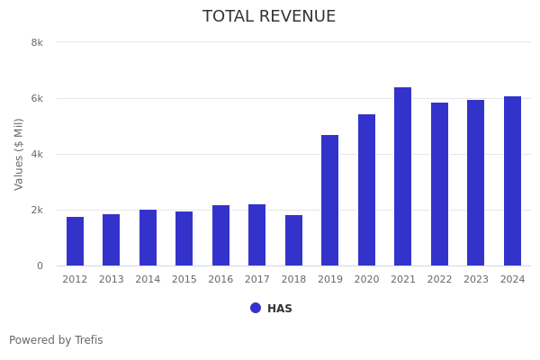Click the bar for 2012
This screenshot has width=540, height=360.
[x=75, y=241]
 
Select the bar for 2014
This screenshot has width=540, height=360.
[x=148, y=238]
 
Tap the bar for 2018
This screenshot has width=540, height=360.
[x=293, y=240]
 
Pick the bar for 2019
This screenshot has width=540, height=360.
[x=330, y=200]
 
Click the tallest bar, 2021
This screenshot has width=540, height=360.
[x=403, y=176]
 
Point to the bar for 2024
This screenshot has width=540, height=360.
[x=512, y=181]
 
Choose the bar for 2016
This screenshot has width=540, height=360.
[x=220, y=235]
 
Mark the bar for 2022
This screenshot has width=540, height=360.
[x=439, y=184]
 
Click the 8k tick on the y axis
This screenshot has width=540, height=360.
[x=37, y=42]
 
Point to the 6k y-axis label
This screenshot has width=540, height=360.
[x=37, y=98]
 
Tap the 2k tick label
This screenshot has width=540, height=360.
[x=37, y=210]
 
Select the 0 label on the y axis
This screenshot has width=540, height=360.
[x=40, y=265]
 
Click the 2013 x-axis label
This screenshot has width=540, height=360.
[x=112, y=280]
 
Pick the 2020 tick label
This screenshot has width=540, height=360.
[x=366, y=280]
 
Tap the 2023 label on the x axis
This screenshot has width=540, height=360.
[x=476, y=280]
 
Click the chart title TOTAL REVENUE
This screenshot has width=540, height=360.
[x=269, y=17]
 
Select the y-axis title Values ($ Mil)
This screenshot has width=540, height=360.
[x=19, y=154]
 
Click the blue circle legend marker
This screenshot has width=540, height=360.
[x=256, y=308]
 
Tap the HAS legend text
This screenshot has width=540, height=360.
[x=280, y=309]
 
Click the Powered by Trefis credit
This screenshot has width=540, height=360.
[x=56, y=340]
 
